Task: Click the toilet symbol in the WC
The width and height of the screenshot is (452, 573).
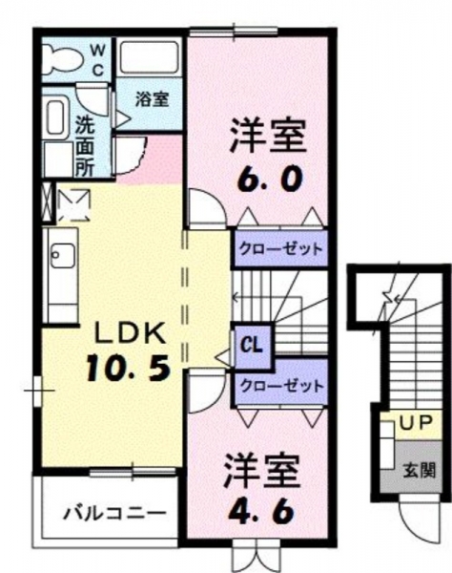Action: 61,59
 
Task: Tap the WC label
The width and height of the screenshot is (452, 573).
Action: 97,60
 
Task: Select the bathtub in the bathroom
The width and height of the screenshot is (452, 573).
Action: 150,57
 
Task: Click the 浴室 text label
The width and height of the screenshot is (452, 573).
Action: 153,98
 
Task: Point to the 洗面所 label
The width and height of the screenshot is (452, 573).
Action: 85,146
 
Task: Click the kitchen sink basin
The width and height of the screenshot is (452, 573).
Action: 63,255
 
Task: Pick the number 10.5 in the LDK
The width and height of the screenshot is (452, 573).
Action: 129,369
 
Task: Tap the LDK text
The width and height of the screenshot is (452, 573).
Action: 130,333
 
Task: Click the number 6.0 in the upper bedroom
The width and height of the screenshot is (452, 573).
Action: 270,180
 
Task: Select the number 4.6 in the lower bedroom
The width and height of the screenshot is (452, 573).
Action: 261,511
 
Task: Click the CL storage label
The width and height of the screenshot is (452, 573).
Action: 252,345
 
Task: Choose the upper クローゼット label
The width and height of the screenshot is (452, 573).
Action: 280,249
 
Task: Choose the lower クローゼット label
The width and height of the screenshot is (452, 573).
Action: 282,386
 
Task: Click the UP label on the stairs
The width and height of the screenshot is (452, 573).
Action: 416,423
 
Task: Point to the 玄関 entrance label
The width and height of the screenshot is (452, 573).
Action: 420,470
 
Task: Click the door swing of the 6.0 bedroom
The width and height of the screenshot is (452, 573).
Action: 207,208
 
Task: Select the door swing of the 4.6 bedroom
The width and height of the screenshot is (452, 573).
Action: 206,391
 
